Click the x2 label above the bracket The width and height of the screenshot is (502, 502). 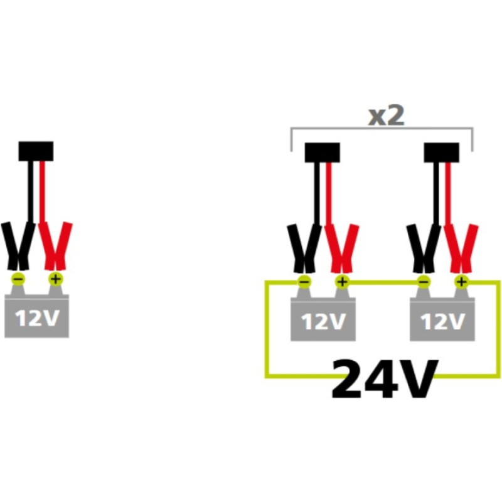386,116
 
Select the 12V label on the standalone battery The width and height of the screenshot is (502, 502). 37,318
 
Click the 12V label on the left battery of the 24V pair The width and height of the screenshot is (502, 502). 323,321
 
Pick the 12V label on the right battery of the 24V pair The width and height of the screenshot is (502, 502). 442,321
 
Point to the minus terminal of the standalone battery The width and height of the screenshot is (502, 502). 18,279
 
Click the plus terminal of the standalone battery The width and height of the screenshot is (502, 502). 56,279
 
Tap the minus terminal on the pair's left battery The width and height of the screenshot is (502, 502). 304,282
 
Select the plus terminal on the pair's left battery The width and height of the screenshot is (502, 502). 342,282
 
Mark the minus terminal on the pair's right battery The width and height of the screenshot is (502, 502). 423,282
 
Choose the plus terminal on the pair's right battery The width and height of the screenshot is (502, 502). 461,282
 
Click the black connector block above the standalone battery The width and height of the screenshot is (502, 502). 36,151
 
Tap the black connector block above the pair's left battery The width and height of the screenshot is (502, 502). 322,152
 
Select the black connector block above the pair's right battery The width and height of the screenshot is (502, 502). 441,152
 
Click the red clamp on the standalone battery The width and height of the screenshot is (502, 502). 55,246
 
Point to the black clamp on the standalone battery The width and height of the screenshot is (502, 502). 18,246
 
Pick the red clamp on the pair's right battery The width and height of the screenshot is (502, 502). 461,248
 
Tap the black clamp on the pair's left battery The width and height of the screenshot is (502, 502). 304,248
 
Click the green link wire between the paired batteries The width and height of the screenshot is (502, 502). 383,282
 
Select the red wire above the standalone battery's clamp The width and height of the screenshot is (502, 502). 42,191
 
